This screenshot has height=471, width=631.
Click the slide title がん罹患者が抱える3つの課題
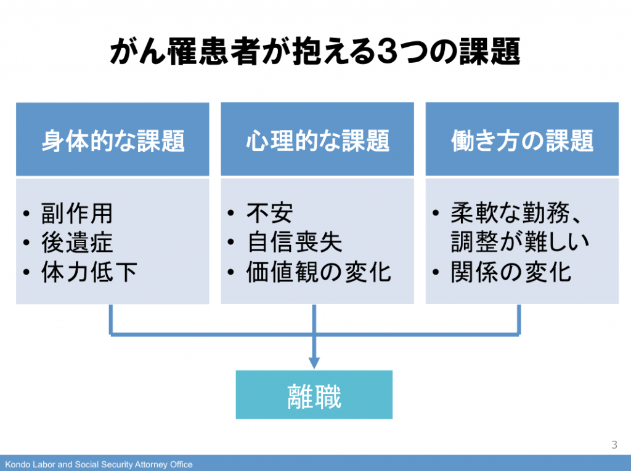pyautogui.click(x=315, y=52)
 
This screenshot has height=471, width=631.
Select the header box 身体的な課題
pyautogui.click(x=113, y=139)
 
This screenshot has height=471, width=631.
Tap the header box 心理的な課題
pyautogui.click(x=317, y=139)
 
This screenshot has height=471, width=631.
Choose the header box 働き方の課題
pyautogui.click(x=522, y=139)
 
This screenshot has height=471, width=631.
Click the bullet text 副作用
pyautogui.click(x=77, y=213)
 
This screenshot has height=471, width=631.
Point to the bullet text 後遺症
pyautogui.click(x=77, y=243)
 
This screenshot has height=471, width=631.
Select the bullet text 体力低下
pyautogui.click(x=89, y=272)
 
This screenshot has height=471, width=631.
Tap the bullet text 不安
pyautogui.click(x=270, y=213)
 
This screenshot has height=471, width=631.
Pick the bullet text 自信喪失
pyautogui.click(x=294, y=243)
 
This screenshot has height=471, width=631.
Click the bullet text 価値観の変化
pyautogui.click(x=319, y=272)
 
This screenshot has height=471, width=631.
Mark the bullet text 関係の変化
pyautogui.click(x=511, y=272)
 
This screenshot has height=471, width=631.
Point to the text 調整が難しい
pyautogui.click(x=520, y=243)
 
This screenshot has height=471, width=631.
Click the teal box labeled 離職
pyautogui.click(x=314, y=395)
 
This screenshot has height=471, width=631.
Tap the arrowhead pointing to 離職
pyautogui.click(x=314, y=363)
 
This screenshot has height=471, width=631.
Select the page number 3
pyautogui.click(x=614, y=445)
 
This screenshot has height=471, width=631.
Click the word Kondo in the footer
pyautogui.click(x=17, y=465)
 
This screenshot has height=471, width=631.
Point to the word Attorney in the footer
pyautogui.click(x=151, y=465)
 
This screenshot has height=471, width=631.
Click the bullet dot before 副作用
pyautogui.click(x=26, y=214)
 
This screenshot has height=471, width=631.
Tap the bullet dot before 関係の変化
pyautogui.click(x=436, y=272)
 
